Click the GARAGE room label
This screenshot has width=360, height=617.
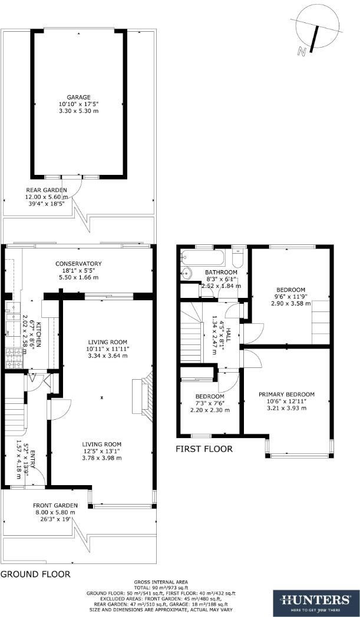pyautogui.click(x=78, y=97)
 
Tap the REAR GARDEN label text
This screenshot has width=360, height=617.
pyautogui.click(x=46, y=190)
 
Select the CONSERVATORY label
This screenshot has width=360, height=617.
pyautogui.click(x=78, y=263)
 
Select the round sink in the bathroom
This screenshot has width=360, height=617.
pyautogui.click(x=186, y=273)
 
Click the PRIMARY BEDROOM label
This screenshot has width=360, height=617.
pyautogui.click(x=286, y=394)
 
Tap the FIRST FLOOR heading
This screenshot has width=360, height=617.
pyautogui.click(x=204, y=449)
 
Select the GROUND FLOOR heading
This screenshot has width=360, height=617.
pyautogui.click(x=35, y=573)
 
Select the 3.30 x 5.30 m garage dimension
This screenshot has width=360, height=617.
pyautogui.click(x=78, y=111)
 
